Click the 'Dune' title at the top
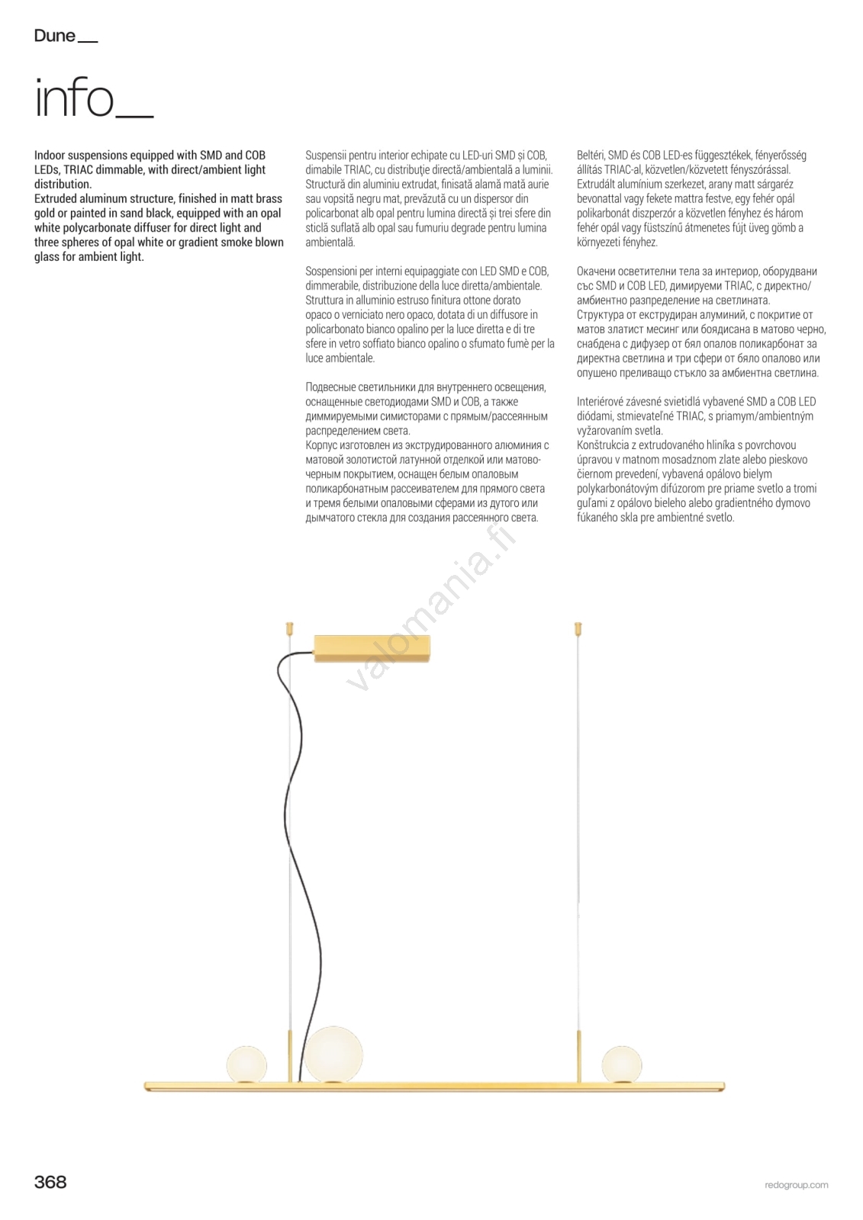pos(55,36)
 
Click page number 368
pos(50,1182)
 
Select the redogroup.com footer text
pos(796,1185)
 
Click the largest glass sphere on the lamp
pos(334,1054)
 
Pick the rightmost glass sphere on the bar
pos(621,1063)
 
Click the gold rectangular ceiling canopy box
pos(372,648)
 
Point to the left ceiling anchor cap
pos(289,629)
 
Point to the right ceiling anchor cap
pos(578,630)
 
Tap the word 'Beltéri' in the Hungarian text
pos(591,156)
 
